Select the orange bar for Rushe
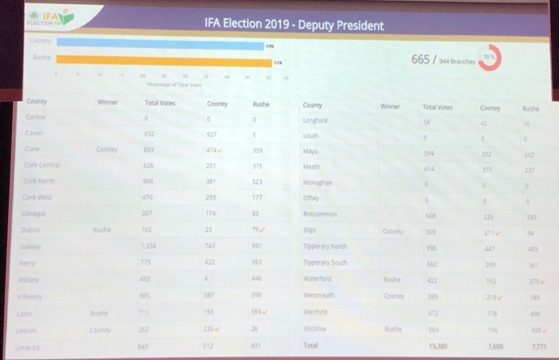[164, 62]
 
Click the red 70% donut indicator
[490, 57]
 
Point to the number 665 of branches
[420, 60]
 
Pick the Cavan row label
[34, 133]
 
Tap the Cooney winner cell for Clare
[106, 150]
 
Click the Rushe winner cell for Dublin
[102, 230]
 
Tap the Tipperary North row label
[325, 247]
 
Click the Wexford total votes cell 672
[431, 312]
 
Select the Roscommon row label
[320, 215]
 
